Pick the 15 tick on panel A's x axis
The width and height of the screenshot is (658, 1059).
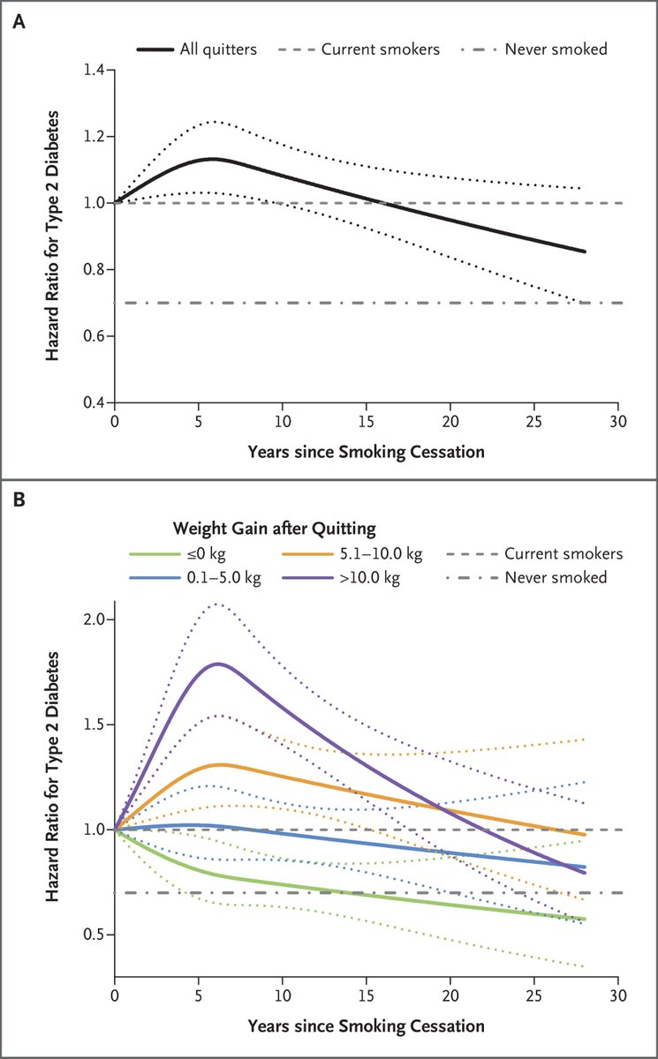click(367, 421)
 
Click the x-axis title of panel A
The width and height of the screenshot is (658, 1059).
click(367, 451)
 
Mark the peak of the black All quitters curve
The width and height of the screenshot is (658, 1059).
click(213, 159)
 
